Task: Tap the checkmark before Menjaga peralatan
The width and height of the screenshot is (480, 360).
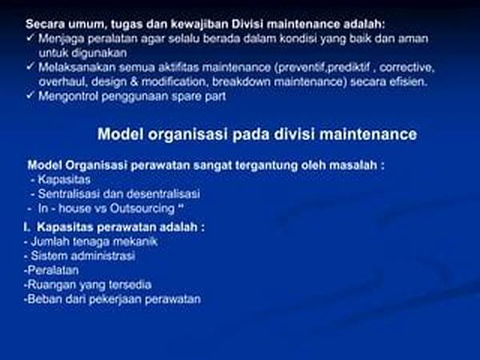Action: coord(29,38)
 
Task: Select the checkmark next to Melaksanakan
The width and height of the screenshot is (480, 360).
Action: coord(29,67)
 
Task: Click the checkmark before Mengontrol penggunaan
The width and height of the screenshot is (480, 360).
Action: coord(29,97)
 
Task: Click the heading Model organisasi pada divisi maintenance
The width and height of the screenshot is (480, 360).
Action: coord(257,134)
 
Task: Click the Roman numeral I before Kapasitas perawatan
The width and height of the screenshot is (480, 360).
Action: coord(26,227)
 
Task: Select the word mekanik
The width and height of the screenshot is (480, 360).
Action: coord(135,242)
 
